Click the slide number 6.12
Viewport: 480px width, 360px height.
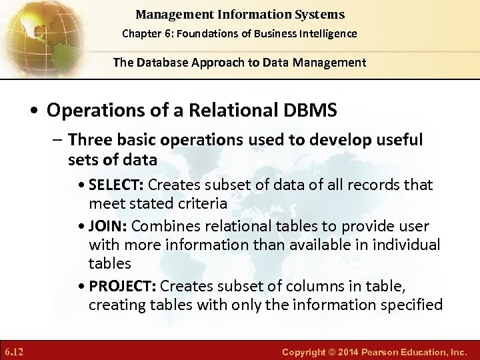tap(15, 351)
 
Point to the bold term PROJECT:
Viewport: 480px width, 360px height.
tap(123, 287)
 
